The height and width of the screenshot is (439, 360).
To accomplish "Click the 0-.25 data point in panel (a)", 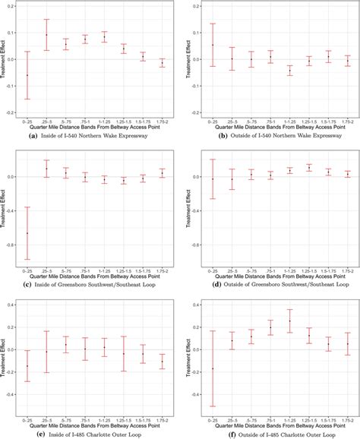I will (x=27, y=75).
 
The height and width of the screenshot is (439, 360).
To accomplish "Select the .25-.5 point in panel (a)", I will (x=46, y=35).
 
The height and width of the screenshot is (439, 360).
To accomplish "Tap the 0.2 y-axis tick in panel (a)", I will (x=14, y=7).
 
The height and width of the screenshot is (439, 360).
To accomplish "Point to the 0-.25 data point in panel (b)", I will (x=213, y=45).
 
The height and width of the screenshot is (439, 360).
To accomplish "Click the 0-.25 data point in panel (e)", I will (x=27, y=366).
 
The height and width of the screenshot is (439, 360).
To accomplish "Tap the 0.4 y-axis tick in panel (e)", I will (x=14, y=305).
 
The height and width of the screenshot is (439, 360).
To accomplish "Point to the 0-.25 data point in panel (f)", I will (x=213, y=369).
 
